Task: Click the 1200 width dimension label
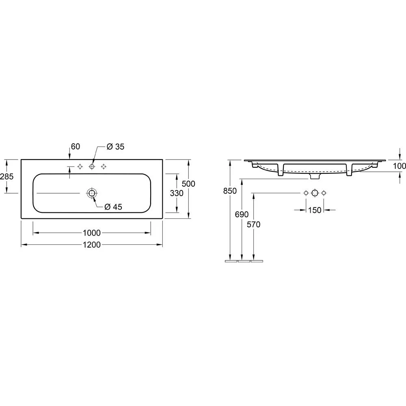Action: (92, 245)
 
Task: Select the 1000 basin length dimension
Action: (92, 233)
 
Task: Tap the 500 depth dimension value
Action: (188, 184)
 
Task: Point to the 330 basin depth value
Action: (177, 194)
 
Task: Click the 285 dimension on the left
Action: (7, 176)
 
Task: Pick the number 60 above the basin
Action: (75, 146)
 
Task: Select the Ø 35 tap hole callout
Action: (115, 147)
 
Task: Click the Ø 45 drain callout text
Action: (113, 207)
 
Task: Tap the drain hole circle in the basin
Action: (92, 193)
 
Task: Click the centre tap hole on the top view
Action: (92, 166)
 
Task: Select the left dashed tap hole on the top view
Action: (80, 166)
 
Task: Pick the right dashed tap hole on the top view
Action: (104, 166)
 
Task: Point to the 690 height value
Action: (242, 214)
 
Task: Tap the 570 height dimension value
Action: (253, 224)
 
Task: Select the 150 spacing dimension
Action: (315, 210)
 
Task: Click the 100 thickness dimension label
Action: (400, 166)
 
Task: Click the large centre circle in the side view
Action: (315, 193)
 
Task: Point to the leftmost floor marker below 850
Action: (231, 261)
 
